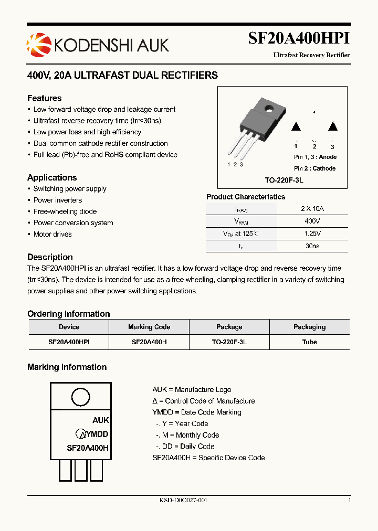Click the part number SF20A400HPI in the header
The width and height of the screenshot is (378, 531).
[299, 39]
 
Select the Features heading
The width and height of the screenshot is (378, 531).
[44, 98]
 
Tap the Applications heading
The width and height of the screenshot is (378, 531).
[52, 177]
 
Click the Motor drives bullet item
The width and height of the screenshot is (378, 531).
[52, 234]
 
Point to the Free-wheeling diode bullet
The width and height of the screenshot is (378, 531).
[65, 211]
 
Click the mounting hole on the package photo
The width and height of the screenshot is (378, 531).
[269, 109]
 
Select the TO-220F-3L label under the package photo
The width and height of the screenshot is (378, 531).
[284, 180]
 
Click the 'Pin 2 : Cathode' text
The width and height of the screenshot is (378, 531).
[314, 168]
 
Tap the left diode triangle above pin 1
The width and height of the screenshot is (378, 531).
[296, 126]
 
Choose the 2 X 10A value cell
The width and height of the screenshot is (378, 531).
[312, 208]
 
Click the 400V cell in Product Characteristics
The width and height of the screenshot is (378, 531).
[312, 221]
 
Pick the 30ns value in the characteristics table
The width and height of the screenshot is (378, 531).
[312, 246]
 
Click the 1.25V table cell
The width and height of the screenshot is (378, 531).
[312, 233]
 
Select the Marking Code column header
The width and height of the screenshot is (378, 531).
[149, 327]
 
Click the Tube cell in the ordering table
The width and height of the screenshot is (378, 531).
[309, 342]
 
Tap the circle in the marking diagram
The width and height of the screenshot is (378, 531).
[80, 397]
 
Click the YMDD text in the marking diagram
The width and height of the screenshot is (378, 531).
[97, 434]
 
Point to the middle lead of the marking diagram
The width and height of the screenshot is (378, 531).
[80, 470]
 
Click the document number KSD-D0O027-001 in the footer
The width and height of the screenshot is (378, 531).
[183, 501]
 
